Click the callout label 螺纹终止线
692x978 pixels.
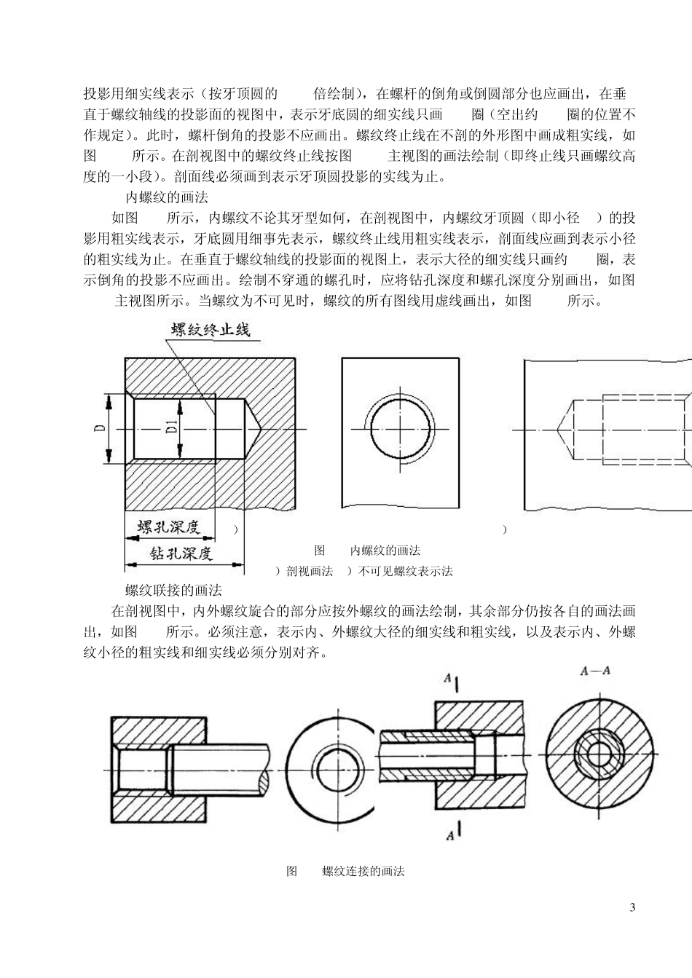pyautogui.click(x=211, y=330)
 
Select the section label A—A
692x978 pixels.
pyautogui.click(x=594, y=672)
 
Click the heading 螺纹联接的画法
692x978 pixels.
pyautogui.click(x=173, y=590)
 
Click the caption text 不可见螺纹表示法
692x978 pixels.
pyautogui.click(x=405, y=571)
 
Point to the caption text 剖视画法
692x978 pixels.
pyautogui.click(x=310, y=571)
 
